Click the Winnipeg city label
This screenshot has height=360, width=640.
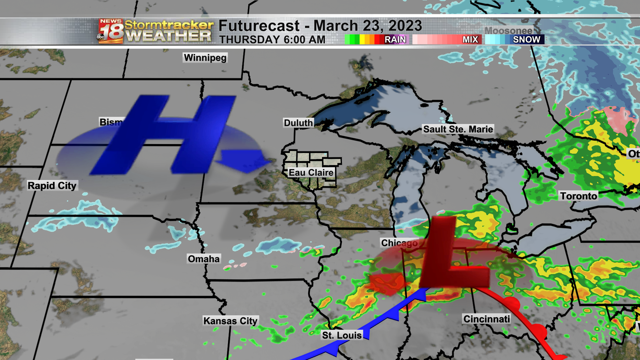click(x=205, y=58)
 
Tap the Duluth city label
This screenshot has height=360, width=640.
click(x=298, y=123)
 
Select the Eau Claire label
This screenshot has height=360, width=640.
click(x=311, y=173)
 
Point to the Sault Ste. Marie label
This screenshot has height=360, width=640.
click(x=458, y=129)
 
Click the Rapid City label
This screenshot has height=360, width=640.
click(x=52, y=186)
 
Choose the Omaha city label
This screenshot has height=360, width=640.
click(x=204, y=259)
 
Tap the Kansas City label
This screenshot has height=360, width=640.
click(x=230, y=321)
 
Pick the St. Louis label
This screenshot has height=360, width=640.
click(x=342, y=335)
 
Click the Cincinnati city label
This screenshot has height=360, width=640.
click(x=486, y=319)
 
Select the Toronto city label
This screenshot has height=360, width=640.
click(x=578, y=196)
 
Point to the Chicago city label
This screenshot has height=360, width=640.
click(x=399, y=243)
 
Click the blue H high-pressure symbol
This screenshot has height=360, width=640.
click(x=163, y=135)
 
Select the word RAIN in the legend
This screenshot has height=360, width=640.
click(x=395, y=40)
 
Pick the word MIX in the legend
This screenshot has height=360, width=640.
click(x=470, y=40)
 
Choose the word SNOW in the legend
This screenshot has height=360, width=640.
click(x=526, y=40)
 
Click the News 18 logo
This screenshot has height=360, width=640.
click(x=111, y=31)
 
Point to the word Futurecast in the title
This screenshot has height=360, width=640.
click(x=259, y=26)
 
